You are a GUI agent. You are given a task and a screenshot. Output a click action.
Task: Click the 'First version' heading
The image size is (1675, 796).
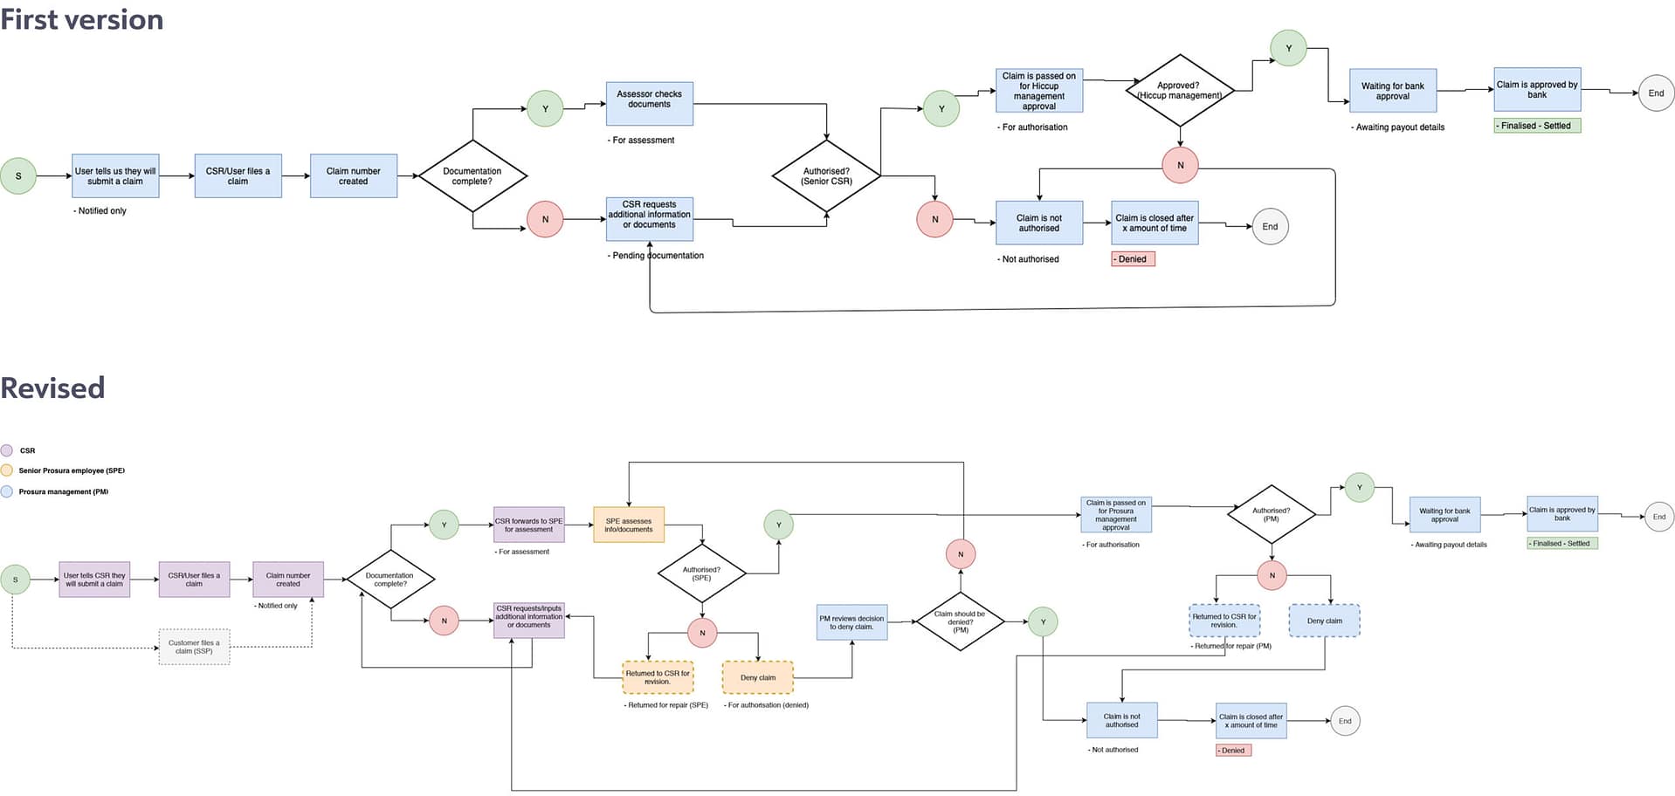81,19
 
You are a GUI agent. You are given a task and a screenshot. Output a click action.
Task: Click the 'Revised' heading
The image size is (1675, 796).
52,388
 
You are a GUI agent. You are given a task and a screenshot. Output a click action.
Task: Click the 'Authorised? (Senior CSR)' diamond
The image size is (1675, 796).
826,176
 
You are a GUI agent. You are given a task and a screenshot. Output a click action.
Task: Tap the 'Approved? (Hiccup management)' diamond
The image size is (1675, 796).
1179,91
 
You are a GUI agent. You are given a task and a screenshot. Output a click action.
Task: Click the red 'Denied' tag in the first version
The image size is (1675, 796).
1132,259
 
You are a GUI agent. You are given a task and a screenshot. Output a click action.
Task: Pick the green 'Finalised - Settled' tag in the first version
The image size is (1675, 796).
1536,126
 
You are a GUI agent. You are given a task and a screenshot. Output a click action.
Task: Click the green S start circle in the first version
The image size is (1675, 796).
18,175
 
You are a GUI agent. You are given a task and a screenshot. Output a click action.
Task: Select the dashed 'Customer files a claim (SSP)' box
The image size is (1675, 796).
194,647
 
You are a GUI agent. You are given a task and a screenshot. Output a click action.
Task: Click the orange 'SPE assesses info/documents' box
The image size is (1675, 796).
628,525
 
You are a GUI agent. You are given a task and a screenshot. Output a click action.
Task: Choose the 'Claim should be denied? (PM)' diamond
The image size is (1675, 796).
960,621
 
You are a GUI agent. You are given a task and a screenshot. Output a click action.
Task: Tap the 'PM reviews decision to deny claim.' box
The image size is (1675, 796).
851,622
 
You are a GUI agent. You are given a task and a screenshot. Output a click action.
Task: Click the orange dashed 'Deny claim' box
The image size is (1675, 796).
757,677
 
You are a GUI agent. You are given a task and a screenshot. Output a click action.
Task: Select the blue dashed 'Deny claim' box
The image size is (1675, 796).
1324,621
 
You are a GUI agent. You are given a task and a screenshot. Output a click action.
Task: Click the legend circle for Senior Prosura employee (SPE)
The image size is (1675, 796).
7,470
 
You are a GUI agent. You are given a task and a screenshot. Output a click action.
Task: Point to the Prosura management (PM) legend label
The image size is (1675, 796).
64,491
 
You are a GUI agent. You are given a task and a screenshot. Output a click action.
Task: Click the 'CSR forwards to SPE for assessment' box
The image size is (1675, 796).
528,525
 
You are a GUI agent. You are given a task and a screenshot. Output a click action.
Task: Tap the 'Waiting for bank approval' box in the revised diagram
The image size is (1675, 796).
1444,515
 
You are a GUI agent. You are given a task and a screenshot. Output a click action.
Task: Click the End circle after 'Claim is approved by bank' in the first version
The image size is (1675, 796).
1655,93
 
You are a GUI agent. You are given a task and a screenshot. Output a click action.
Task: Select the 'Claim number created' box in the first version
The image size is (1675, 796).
353,176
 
